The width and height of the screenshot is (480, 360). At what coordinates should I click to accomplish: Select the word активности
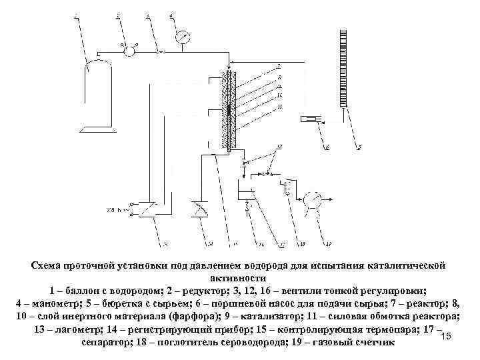click(241, 278)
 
